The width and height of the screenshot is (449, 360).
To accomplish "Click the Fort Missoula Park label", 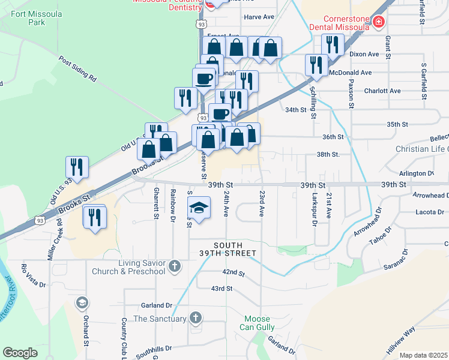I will click(x=28, y=17).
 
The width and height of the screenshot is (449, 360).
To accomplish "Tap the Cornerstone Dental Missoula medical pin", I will click(x=379, y=23).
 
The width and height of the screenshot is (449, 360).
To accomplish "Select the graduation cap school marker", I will click(x=199, y=208).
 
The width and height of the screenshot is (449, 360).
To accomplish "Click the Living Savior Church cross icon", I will click(x=175, y=266).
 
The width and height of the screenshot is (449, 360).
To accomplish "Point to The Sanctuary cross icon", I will click(x=195, y=317).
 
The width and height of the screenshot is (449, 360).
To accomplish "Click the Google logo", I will click(x=20, y=353).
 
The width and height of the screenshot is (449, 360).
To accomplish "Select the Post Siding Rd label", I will click(x=77, y=68).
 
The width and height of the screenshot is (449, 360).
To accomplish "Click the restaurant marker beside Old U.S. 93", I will click(x=77, y=167).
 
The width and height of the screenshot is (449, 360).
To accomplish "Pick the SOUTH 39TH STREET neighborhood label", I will click(x=228, y=250).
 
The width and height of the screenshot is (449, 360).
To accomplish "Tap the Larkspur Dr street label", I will click(x=314, y=209).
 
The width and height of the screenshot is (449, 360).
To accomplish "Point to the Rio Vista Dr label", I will click(x=34, y=275).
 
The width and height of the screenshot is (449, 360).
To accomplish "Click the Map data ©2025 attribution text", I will click(x=423, y=355).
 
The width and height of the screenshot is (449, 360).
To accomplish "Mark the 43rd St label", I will click(x=221, y=289).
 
